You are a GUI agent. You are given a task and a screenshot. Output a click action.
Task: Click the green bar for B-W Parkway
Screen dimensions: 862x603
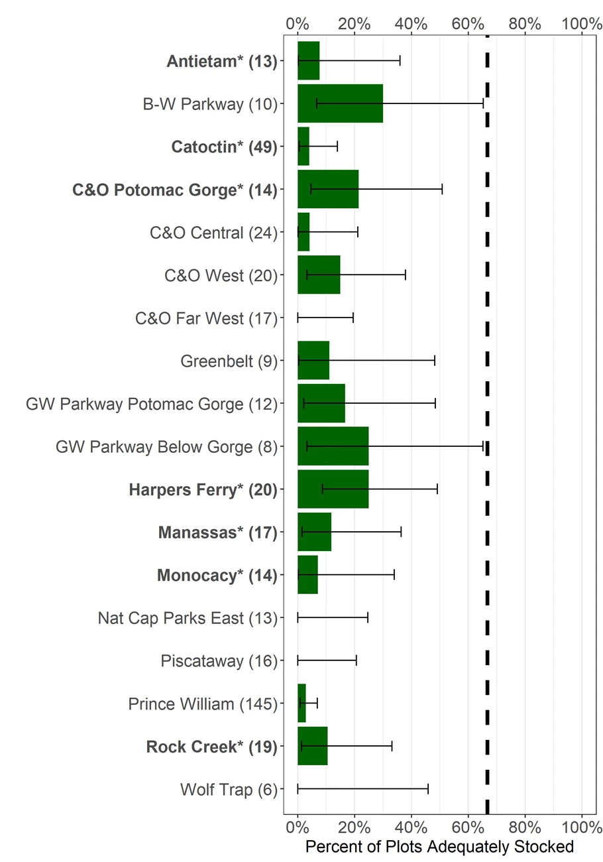[340, 103]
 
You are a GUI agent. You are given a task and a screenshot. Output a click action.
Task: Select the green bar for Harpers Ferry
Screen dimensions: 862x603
[333, 489]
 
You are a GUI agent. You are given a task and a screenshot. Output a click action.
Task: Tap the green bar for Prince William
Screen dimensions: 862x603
[301, 704]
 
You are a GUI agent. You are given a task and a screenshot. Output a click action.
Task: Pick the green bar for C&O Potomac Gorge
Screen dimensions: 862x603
[328, 189]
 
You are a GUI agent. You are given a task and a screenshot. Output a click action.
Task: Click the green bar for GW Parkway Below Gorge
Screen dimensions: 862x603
[333, 446]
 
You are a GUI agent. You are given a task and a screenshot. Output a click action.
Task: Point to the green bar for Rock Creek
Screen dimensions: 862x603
[312, 747]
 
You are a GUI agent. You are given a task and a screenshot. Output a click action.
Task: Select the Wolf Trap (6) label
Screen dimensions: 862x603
[228, 790]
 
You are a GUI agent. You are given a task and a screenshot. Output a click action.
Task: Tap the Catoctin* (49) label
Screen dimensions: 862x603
[224, 147]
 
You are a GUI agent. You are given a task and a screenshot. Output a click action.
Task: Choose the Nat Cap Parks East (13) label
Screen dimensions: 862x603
[187, 618]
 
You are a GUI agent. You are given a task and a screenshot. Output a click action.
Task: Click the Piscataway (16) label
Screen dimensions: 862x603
[219, 661]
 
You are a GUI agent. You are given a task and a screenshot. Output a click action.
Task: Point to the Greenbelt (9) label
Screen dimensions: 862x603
[229, 361]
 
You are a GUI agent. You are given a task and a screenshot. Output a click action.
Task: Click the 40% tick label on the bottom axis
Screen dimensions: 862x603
[411, 827]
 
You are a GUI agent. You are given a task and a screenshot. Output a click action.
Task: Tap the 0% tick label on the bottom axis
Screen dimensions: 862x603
[298, 827]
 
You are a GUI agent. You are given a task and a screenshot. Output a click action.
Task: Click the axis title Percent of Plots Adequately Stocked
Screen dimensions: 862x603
[439, 847]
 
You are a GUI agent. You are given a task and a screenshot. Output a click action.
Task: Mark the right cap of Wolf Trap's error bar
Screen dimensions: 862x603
[428, 789]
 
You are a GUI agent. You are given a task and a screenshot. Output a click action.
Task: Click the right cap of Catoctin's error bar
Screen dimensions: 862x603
[337, 147]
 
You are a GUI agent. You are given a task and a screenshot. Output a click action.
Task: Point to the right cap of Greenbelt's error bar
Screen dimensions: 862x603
[435, 361]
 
